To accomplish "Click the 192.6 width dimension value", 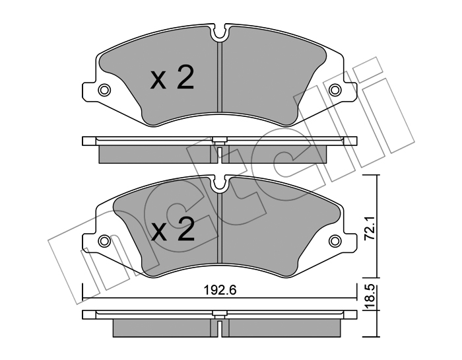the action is [220, 291].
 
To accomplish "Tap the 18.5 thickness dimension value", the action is [370, 297].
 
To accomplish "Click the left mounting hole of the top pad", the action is [104, 89].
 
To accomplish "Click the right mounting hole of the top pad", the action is [335, 89].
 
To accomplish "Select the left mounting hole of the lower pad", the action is [104, 240].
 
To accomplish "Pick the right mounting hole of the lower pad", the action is [335, 240].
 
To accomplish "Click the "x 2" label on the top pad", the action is [172, 77].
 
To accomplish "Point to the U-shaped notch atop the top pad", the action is [220, 33].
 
